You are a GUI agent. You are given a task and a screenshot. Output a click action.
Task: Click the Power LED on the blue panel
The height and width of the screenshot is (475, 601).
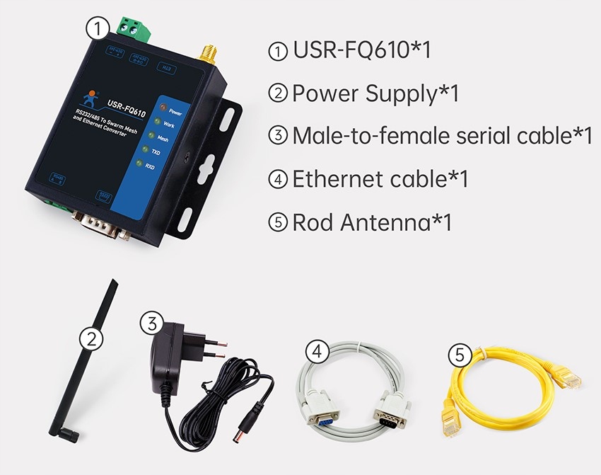point(162,108)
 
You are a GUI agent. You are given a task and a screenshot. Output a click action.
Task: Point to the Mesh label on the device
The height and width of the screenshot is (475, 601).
point(163,139)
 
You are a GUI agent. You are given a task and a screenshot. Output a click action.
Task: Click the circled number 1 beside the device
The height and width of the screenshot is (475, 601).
point(97,28)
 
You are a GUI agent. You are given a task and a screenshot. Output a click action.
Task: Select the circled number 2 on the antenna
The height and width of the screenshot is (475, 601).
point(89,338)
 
